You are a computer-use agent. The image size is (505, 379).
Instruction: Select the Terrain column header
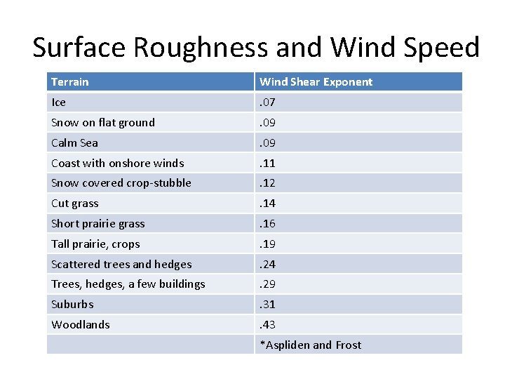click(x=70, y=82)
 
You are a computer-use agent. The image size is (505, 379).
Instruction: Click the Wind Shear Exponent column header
click(x=316, y=82)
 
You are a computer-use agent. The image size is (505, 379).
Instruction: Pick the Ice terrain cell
click(x=59, y=102)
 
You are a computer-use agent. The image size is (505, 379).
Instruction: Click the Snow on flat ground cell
click(x=103, y=123)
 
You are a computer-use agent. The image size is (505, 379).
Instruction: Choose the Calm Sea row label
click(x=74, y=143)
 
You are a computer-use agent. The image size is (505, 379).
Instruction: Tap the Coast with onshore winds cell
click(x=117, y=164)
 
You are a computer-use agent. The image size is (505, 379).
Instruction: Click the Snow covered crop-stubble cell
click(x=121, y=183)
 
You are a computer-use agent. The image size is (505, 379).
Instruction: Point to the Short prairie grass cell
click(x=97, y=224)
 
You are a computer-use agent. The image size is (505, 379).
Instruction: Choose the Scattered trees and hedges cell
click(x=121, y=265)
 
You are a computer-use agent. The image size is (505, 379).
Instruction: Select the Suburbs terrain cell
click(x=72, y=305)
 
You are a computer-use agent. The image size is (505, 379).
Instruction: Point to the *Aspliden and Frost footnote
click(x=311, y=345)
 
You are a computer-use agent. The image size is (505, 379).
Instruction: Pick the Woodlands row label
click(x=81, y=325)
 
